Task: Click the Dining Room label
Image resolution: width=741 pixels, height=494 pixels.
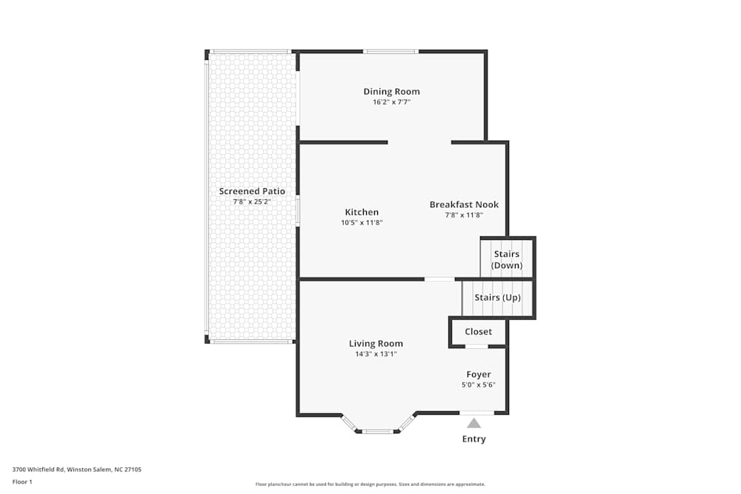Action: (x=391, y=92)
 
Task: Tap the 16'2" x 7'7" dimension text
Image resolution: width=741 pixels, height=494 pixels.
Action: (x=391, y=102)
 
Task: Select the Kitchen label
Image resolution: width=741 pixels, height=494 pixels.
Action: (x=362, y=213)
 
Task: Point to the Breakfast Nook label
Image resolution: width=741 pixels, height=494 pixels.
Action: (x=464, y=205)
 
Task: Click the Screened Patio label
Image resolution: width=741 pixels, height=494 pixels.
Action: (x=252, y=192)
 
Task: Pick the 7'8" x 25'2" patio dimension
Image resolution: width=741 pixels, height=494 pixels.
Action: (x=252, y=201)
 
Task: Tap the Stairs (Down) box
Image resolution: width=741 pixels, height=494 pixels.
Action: (x=507, y=259)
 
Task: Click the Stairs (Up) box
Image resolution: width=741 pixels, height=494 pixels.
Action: (x=497, y=298)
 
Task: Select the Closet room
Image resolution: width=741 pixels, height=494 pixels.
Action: (x=478, y=332)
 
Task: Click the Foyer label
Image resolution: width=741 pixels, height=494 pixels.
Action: (x=478, y=375)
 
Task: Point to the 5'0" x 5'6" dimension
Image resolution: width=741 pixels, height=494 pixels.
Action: (x=478, y=385)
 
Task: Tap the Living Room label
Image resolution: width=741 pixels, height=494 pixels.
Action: (x=376, y=344)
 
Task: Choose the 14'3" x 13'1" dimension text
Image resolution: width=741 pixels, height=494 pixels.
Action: (x=376, y=354)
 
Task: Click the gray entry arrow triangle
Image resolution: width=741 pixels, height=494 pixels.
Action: (x=473, y=423)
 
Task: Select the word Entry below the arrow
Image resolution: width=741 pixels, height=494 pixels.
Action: (x=473, y=439)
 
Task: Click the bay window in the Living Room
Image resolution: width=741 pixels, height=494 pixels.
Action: (x=378, y=430)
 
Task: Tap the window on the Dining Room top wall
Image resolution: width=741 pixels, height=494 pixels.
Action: (x=391, y=51)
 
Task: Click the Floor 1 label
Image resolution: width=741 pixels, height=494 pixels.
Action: (x=22, y=482)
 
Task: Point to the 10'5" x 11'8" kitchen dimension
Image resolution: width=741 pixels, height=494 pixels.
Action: (x=362, y=222)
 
